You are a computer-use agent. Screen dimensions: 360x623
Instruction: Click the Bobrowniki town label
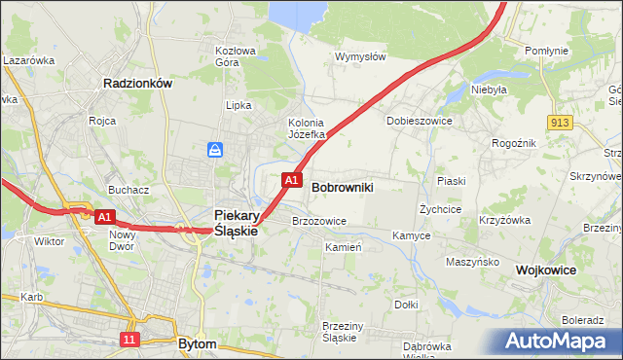click(343, 186)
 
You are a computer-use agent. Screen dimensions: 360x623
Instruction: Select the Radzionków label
click(137, 84)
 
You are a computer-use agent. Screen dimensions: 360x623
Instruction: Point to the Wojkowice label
click(546, 270)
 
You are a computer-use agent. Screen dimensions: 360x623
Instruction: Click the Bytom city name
click(198, 343)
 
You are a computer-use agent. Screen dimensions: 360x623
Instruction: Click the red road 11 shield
click(129, 338)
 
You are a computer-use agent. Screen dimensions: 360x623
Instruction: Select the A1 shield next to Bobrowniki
click(290, 180)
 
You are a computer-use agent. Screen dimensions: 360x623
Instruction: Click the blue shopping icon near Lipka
click(216, 149)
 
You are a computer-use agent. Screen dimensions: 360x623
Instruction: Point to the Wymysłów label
click(360, 56)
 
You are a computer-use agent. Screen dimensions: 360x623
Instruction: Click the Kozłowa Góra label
click(235, 56)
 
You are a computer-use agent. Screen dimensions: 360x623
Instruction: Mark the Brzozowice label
click(319, 221)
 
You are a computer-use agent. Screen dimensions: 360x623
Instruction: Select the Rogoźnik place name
click(513, 143)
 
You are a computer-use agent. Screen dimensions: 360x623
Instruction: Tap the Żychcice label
click(440, 209)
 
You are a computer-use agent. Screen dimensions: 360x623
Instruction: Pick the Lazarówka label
click(28, 60)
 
